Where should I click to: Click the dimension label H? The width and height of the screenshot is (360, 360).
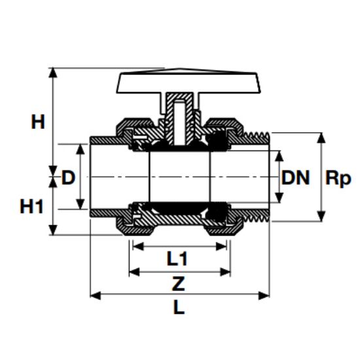point(39,121)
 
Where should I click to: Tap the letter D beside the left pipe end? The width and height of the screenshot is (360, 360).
point(68,177)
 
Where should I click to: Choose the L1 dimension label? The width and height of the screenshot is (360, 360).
point(177,259)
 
